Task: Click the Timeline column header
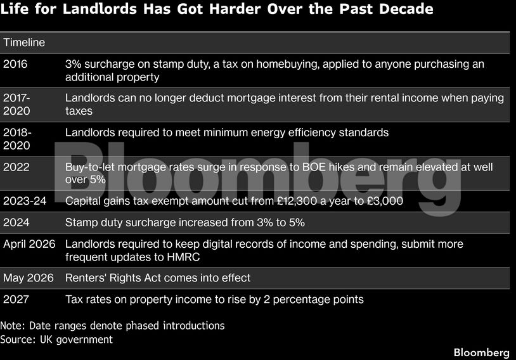24,42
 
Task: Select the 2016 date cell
15,64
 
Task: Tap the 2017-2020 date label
16,105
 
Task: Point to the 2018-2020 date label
17,139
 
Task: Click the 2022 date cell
16,167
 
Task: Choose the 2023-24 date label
25,201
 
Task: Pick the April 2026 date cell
29,244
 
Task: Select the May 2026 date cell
29,278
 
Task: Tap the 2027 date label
16,299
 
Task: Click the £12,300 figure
297,201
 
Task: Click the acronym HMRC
183,257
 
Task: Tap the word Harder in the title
235,9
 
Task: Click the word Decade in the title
406,9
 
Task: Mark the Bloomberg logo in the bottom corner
481,352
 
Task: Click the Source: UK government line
56,340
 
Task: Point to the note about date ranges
112,325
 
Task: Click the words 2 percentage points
313,300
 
